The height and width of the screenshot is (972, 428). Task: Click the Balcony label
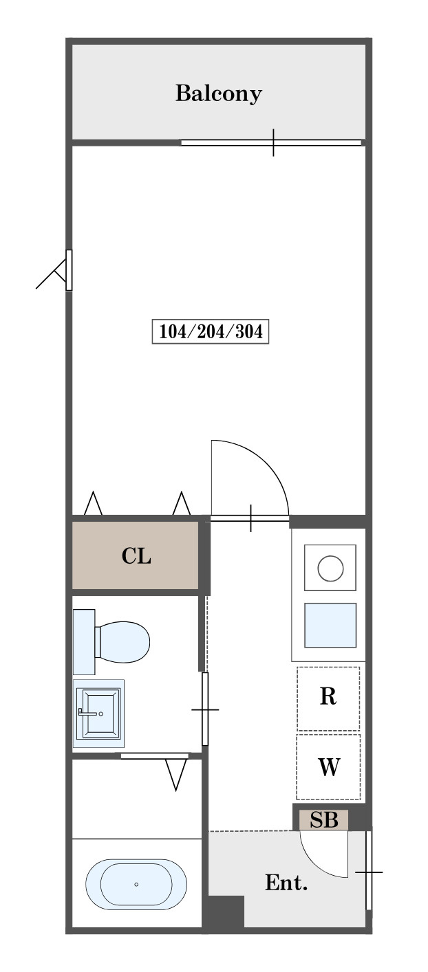(x=219, y=93)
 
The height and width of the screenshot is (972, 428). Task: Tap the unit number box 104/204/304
(x=211, y=331)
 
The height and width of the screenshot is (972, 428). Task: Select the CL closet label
(x=136, y=555)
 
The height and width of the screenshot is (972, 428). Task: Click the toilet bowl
(x=122, y=642)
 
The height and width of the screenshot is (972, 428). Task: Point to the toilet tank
(x=84, y=642)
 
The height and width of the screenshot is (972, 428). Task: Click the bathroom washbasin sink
(x=98, y=714)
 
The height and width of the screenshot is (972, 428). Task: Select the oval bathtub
(x=136, y=884)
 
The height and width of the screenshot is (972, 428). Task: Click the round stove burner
(x=330, y=568)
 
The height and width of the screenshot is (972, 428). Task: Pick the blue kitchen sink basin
(x=330, y=625)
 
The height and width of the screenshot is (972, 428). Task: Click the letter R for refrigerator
(x=328, y=696)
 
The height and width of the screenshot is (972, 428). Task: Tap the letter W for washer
(x=329, y=766)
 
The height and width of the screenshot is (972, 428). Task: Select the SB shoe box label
(x=323, y=819)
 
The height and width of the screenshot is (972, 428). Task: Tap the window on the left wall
(x=69, y=270)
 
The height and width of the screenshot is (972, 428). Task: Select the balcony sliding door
(x=271, y=142)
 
